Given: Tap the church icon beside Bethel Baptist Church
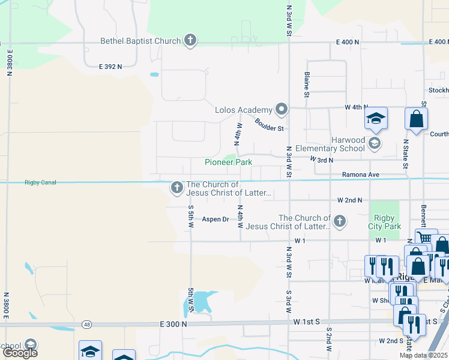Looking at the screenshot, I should pyautogui.click(x=190, y=40).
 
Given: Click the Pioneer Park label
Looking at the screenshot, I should pyautogui.click(x=228, y=162).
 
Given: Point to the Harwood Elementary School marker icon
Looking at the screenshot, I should pyautogui.click(x=375, y=143).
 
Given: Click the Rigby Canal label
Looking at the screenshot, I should pyautogui.click(x=40, y=182).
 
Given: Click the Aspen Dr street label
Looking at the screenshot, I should pyautogui.click(x=215, y=219).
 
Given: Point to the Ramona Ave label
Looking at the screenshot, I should pyautogui.click(x=361, y=175).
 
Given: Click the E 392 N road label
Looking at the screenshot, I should pyautogui.click(x=110, y=66).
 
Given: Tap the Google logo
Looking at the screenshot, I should pyautogui.click(x=20, y=353).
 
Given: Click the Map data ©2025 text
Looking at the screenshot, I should pyautogui.click(x=424, y=355).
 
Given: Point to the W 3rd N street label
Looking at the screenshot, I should pyautogui.click(x=321, y=160).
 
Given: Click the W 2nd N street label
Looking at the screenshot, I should pyautogui.click(x=350, y=200).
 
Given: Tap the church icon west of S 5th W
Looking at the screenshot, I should pyautogui.click(x=176, y=188).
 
